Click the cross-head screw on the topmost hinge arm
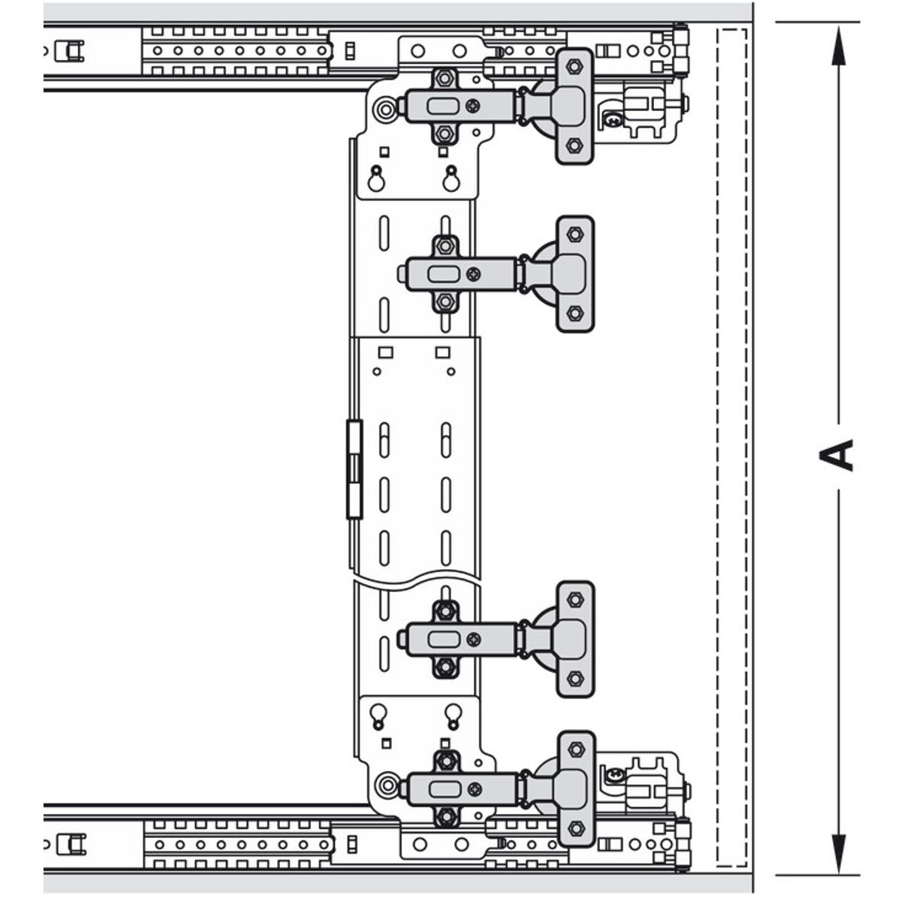(474, 106)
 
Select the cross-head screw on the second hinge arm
(473, 274)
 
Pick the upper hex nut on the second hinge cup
(575, 234)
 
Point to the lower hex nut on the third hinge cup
(575, 679)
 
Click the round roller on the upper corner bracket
(386, 110)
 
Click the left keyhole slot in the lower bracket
(377, 715)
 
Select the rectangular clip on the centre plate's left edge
(354, 469)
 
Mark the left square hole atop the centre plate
(386, 351)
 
